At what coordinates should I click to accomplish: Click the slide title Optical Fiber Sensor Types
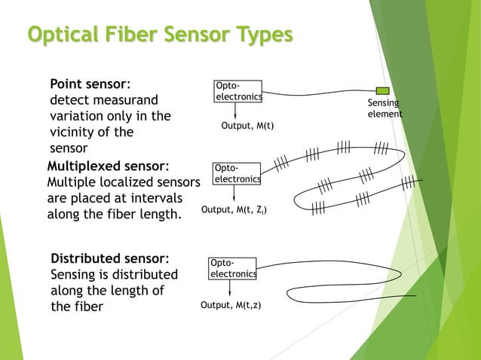pyautogui.click(x=159, y=35)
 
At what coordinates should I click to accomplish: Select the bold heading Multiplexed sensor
pyautogui.click(x=106, y=166)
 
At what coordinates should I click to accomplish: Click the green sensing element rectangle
pyautogui.click(x=382, y=90)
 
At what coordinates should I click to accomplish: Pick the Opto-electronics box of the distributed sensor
pyautogui.click(x=232, y=269)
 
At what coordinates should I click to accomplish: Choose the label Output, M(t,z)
pyautogui.click(x=231, y=305)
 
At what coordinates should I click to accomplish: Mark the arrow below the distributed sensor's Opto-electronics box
pyautogui.click(x=231, y=289)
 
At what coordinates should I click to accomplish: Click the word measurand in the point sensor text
pyautogui.click(x=129, y=100)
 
